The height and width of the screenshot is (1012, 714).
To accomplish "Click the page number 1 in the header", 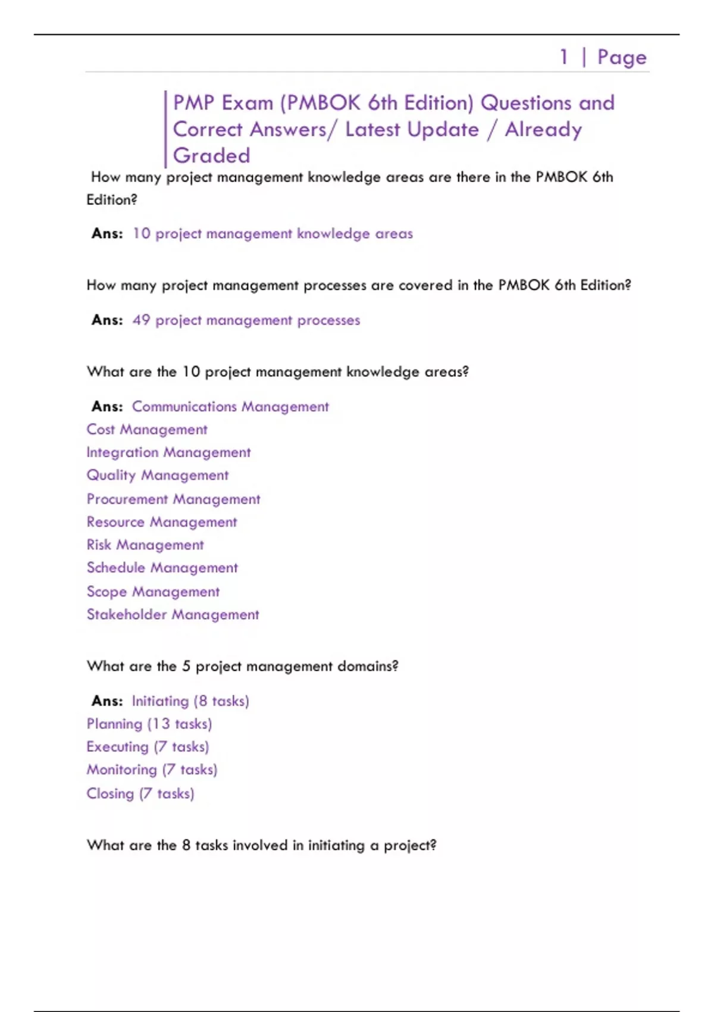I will (563, 57).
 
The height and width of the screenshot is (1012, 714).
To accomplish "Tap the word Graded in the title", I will (211, 156).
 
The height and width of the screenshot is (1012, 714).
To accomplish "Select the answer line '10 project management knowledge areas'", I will (273, 233).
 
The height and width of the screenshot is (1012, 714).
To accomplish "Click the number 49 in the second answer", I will (141, 320).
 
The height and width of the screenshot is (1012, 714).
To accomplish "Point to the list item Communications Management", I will (230, 407).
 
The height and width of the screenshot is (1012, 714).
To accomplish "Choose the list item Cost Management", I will (147, 429).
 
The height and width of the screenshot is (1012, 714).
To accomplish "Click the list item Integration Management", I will (168, 452).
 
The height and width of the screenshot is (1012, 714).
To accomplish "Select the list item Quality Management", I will (158, 475).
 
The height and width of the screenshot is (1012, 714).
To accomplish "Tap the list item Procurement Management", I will (173, 499).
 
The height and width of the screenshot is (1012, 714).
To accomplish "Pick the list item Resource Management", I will (162, 522).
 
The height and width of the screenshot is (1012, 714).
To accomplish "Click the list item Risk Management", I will (145, 545).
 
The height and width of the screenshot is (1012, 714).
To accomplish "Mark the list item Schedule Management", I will (162, 568).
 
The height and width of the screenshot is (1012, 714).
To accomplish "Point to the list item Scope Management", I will (153, 592).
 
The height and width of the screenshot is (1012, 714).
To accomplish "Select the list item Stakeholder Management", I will (173, 614).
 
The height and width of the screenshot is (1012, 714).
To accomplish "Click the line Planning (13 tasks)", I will (149, 724).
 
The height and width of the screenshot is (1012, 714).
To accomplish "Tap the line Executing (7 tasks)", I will (148, 746).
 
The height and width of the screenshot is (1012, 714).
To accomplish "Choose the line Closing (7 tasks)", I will (140, 794).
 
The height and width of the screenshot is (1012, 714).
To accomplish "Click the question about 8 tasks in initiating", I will (261, 845).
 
